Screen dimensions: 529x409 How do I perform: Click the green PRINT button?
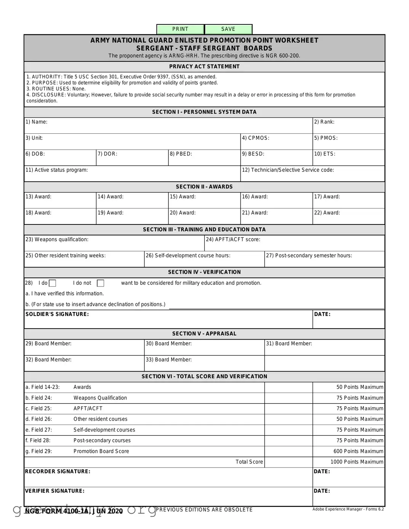click(180, 29)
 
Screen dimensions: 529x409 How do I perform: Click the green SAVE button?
click(228, 29)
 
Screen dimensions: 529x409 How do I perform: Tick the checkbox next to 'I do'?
click(53, 283)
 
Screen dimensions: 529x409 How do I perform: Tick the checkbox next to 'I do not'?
click(101, 283)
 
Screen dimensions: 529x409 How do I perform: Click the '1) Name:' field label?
click(37, 122)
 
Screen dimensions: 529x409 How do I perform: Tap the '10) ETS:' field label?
click(325, 154)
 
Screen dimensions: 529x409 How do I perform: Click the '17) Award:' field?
click(348, 200)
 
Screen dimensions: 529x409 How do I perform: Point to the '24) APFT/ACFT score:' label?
click(233, 239)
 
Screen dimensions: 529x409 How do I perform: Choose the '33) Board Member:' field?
click(204, 363)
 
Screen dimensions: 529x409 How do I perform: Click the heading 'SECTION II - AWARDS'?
click(204, 187)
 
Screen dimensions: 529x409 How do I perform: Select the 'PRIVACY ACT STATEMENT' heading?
click(204, 66)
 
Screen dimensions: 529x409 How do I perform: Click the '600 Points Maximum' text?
click(358, 451)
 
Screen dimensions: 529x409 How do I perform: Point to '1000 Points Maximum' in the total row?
click(356, 462)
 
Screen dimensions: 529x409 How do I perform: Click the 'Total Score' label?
click(249, 462)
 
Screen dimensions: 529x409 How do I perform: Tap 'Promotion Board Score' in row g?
click(101, 451)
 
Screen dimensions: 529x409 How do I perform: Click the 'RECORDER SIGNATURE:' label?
click(58, 471)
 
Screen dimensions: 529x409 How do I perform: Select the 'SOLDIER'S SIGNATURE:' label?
click(57, 314)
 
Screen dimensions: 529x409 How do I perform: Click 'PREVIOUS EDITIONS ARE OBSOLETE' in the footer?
click(204, 510)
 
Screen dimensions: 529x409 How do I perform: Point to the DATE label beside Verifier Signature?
click(322, 491)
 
